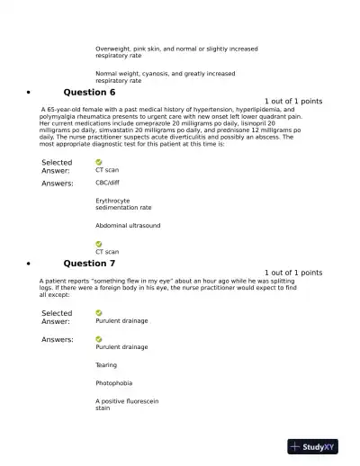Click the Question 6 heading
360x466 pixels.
(x=89, y=93)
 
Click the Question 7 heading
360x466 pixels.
(x=89, y=264)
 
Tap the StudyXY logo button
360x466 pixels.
(x=319, y=446)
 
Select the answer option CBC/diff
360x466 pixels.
(x=110, y=182)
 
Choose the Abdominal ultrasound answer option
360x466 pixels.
(x=128, y=225)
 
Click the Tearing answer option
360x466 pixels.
(x=106, y=365)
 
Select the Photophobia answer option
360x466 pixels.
(x=113, y=382)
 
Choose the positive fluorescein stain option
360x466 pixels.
(x=127, y=404)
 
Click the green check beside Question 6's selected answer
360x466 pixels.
(x=99, y=161)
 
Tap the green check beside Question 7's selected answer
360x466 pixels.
(x=99, y=312)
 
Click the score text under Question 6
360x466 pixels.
(x=293, y=102)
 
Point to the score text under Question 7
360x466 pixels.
(x=293, y=273)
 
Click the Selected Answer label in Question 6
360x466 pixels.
(x=58, y=166)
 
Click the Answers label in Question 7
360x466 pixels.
(x=58, y=339)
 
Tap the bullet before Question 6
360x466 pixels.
(x=31, y=94)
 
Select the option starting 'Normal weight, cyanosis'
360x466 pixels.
(x=166, y=76)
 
